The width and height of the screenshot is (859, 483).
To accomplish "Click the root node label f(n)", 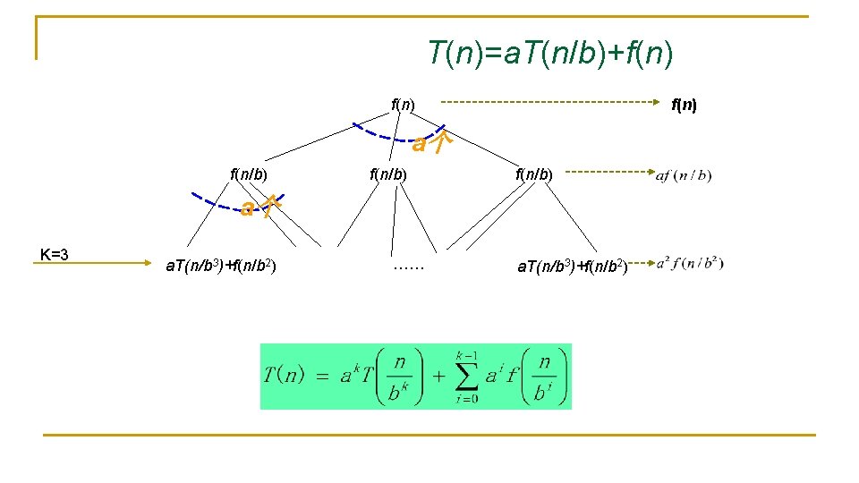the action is click(x=403, y=104).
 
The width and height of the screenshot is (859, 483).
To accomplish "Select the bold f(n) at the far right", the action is click(x=685, y=105).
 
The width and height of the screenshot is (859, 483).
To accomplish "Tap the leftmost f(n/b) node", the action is click(x=251, y=174).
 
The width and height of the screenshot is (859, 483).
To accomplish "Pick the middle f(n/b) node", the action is click(x=388, y=174).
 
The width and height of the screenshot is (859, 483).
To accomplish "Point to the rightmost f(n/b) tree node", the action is click(x=535, y=174).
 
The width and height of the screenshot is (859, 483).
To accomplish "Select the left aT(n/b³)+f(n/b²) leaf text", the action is click(x=221, y=265).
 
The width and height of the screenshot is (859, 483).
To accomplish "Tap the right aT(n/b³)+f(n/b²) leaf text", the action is click(x=572, y=265).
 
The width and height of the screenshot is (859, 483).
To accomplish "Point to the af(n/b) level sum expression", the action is click(x=684, y=175).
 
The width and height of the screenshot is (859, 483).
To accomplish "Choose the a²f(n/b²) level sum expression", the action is click(x=690, y=263).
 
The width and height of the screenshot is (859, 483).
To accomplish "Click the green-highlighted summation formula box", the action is click(x=415, y=377).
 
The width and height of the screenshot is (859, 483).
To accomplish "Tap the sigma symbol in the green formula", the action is click(x=467, y=376).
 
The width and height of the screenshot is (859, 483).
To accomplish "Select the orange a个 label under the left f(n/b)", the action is click(x=261, y=208).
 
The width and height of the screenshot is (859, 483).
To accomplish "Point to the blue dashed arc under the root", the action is click(x=385, y=133).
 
